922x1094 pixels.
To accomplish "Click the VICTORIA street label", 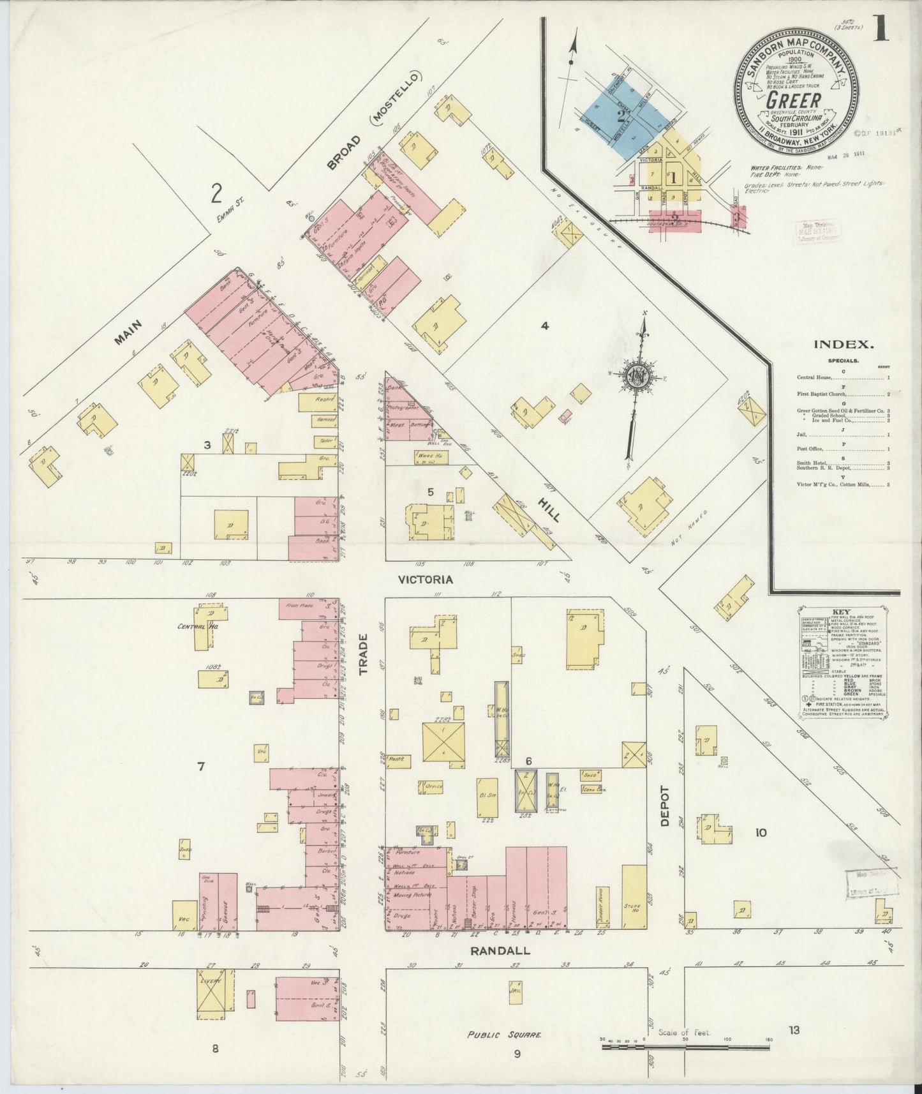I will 425,580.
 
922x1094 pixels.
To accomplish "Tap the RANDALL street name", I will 500,950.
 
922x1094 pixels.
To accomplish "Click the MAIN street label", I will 128,333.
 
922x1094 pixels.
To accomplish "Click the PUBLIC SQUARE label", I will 503,1053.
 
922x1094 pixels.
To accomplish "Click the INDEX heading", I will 843,345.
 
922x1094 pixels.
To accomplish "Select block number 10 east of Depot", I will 761,832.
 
